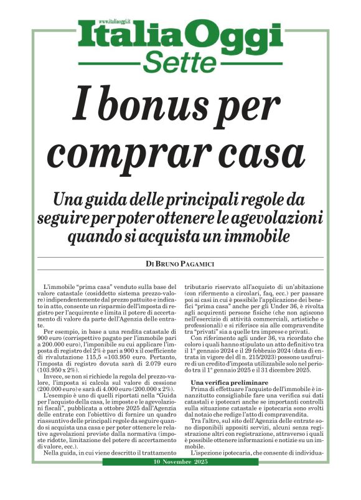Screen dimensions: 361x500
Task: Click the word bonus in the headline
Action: coord(167,105)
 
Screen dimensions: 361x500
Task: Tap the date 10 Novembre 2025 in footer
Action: coord(180,481)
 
